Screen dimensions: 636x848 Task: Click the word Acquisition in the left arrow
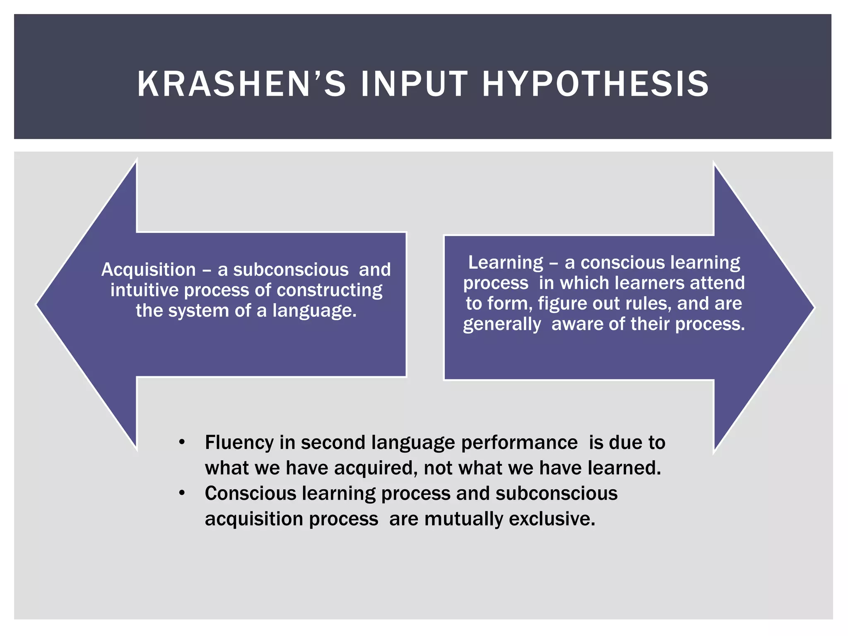pyautogui.click(x=148, y=270)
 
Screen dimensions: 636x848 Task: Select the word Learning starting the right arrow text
pyautogui.click(x=505, y=263)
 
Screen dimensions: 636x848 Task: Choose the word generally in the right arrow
pyautogui.click(x=502, y=324)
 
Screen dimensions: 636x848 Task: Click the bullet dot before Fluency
pyautogui.click(x=181, y=443)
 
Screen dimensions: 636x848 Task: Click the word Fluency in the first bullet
pyautogui.click(x=239, y=443)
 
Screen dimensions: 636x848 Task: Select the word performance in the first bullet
pyautogui.click(x=519, y=443)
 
